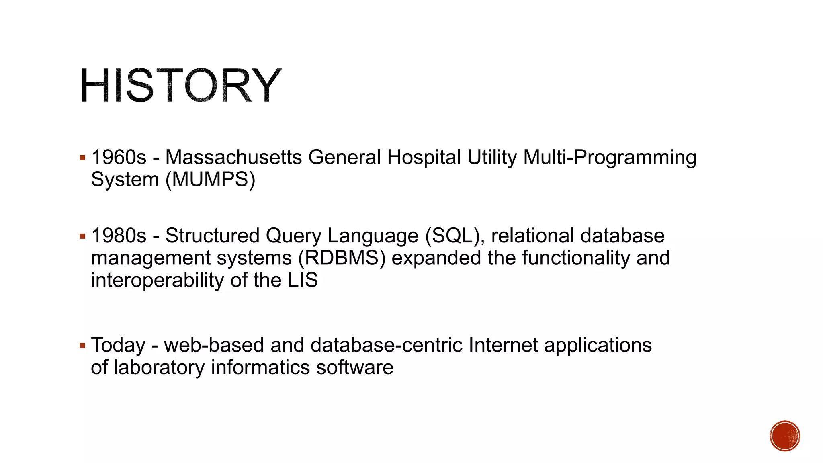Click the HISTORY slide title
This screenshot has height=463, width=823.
point(180,86)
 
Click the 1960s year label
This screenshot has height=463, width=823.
point(119,157)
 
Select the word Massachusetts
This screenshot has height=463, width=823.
point(233,157)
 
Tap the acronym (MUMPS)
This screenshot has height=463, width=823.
point(211,179)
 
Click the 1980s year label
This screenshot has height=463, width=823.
point(119,236)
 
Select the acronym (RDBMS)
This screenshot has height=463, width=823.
point(342,258)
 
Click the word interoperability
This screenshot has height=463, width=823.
point(157,280)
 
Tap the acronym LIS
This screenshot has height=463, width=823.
point(303,280)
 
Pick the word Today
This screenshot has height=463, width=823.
point(118,345)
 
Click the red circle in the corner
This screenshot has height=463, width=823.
point(785,436)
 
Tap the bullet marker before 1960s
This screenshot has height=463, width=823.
point(82,158)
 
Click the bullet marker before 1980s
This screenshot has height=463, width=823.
point(82,236)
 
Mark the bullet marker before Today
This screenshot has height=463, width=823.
point(82,346)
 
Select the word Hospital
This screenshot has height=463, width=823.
point(424,157)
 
